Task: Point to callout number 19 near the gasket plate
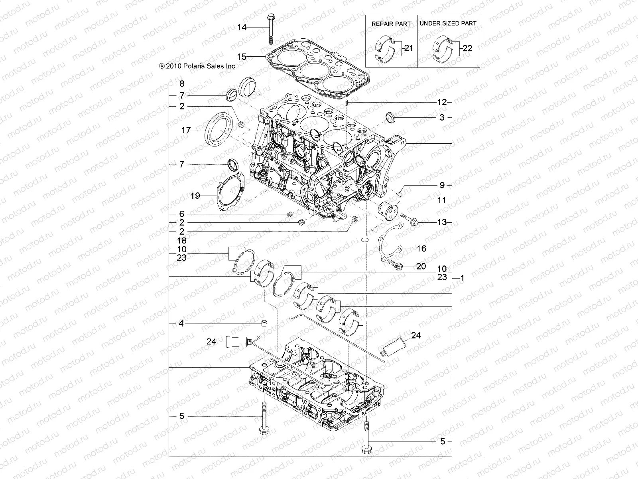195,196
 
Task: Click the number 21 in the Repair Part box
408,48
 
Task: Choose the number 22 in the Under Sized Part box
467,48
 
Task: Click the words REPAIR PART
391,24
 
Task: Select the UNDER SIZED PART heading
448,24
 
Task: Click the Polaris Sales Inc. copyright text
198,66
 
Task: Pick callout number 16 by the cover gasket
421,249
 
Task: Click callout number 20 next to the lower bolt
421,266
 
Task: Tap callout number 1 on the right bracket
463,279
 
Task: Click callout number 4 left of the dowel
181,324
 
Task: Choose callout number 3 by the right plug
442,117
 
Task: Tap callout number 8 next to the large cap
182,84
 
